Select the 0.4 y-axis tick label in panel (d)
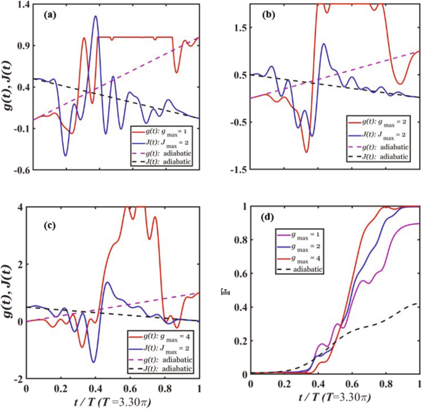coord(237,307)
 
